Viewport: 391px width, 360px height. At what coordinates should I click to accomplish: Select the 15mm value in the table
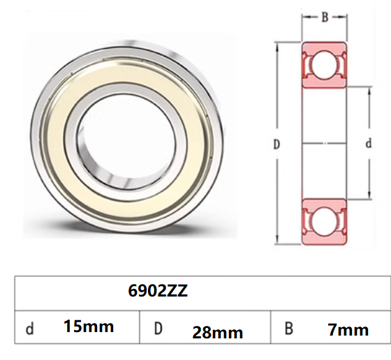tap(88, 326)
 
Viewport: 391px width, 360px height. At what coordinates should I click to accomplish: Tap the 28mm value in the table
tap(217, 332)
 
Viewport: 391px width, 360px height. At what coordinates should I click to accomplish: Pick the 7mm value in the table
tap(348, 329)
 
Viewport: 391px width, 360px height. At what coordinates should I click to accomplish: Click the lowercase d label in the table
tap(29, 329)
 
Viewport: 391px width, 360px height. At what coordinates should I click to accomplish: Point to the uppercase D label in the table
tap(158, 329)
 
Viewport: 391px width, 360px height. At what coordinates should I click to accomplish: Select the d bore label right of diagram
tap(368, 144)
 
